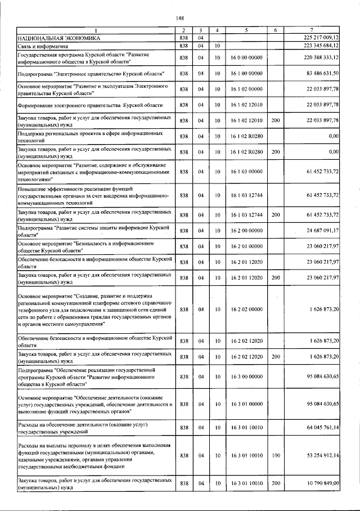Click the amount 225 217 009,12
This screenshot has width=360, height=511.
point(318,37)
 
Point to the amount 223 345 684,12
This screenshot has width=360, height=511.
point(318,45)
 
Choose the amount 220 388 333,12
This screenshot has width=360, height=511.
point(318,57)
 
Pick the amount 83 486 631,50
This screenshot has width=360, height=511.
point(319,74)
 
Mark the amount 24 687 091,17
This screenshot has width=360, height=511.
point(319,231)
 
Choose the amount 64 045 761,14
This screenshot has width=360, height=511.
point(319,428)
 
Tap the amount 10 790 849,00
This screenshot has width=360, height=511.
point(319,483)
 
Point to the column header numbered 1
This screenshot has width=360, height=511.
point(95,29)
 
